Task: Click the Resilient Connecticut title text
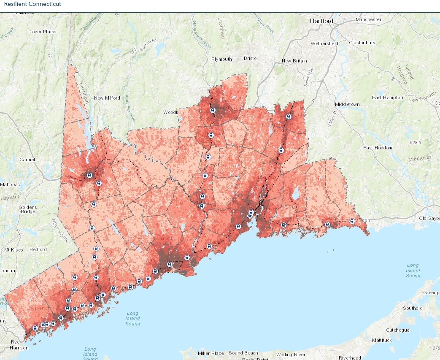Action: coord(32,4)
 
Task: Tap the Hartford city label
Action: coord(321,21)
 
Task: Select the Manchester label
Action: coord(368,19)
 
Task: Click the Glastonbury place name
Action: coord(362,43)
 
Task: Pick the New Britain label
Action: coord(294,61)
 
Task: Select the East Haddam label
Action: coord(378,148)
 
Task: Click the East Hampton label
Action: coord(387,97)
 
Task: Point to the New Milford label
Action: coord(105,98)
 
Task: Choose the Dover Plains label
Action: coord(42,32)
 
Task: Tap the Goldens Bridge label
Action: coord(27,209)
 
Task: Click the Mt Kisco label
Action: coord(13,249)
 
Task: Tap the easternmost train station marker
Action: coord(351,221)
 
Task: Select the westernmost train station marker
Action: coord(35,328)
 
